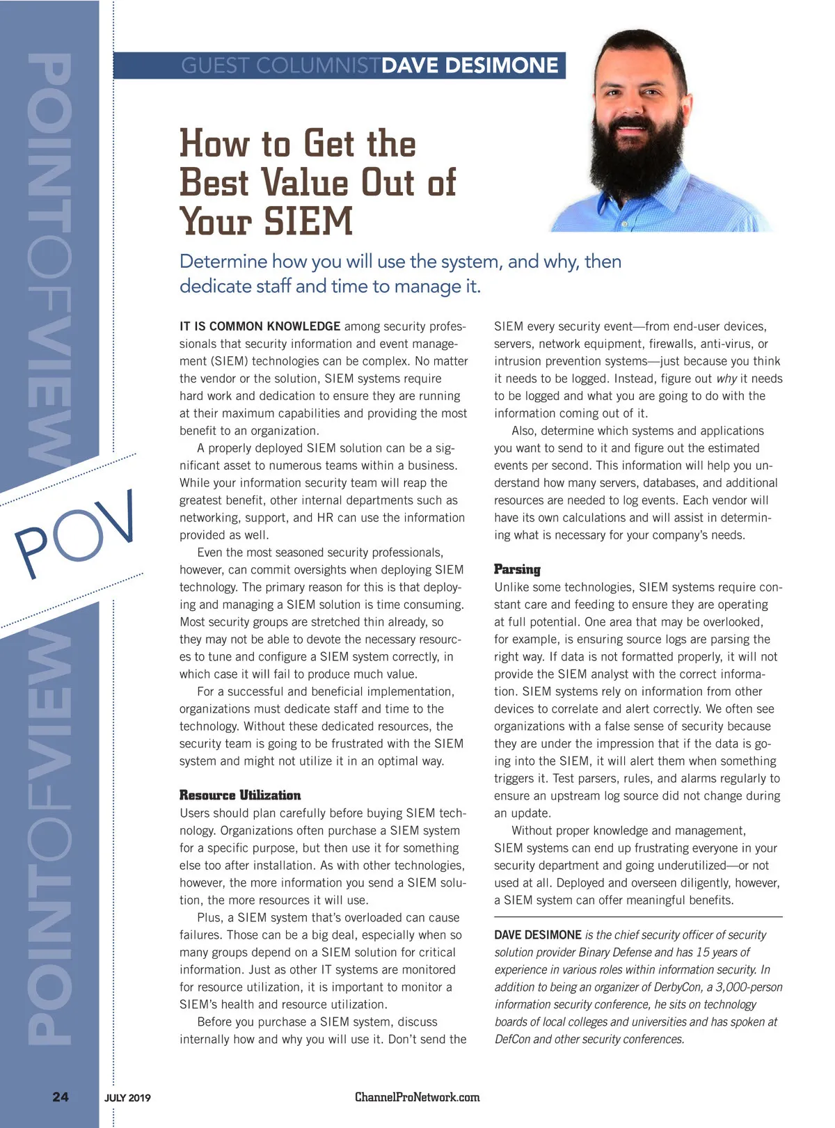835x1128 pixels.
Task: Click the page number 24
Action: pos(61,1097)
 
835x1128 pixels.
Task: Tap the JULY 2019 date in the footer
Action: pos(127,1098)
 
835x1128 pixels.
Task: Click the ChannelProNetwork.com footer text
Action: pos(417,1097)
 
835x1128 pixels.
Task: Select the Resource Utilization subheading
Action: pos(240,795)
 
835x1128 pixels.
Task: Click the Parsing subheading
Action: pos(517,569)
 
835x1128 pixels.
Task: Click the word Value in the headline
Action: pos(304,182)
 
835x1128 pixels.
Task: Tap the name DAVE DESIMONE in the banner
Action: pos(470,65)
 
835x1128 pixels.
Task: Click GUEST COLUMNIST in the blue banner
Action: pos(280,65)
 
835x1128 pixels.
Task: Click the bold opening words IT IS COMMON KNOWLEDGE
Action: pos(260,326)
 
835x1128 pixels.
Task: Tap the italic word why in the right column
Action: pos(726,379)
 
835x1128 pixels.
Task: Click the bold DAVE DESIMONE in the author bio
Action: pos(537,935)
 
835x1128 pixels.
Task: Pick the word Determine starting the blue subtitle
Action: pos(223,262)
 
